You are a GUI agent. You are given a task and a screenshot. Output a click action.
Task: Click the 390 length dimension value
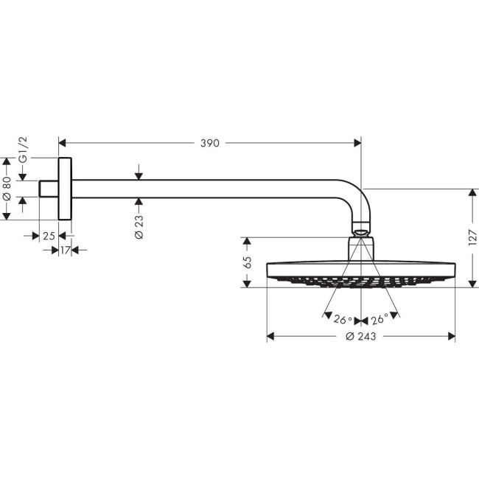click(x=210, y=144)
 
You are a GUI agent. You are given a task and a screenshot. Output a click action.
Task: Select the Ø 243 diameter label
click(x=360, y=337)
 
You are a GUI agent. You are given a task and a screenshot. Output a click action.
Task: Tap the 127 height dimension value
click(x=472, y=237)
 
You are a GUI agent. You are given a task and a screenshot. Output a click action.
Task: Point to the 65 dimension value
click(x=248, y=262)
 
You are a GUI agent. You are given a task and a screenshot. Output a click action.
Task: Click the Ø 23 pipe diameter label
click(x=139, y=225)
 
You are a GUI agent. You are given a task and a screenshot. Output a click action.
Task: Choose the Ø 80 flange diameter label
click(x=7, y=188)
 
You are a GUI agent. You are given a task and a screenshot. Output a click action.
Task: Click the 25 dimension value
click(x=49, y=236)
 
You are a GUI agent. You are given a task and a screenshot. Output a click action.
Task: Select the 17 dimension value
click(x=65, y=251)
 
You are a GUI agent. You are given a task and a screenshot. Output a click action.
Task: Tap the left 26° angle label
click(x=342, y=320)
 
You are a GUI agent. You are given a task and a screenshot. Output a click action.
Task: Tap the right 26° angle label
click(x=380, y=320)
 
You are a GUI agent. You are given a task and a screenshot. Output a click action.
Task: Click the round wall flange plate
click(x=65, y=189)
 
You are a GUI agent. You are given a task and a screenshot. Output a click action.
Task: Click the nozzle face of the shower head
click(x=360, y=281)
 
